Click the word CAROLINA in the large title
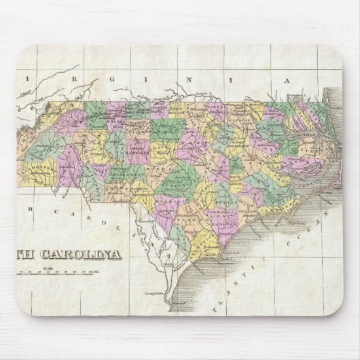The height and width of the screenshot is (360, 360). click(x=86, y=255)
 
